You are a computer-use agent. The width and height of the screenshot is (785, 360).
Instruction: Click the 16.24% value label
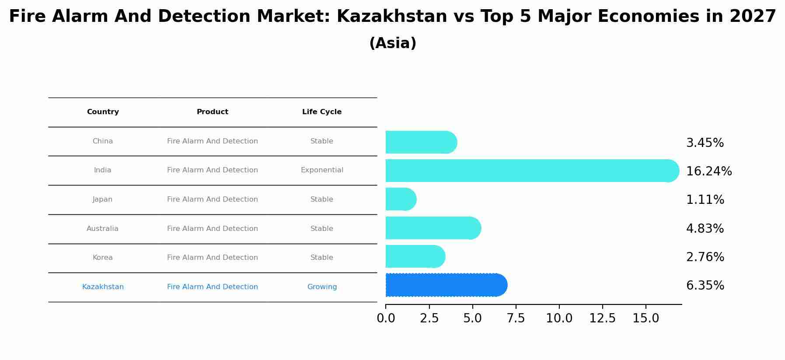pos(708,171)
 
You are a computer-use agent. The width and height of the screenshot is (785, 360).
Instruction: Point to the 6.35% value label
pos(705,286)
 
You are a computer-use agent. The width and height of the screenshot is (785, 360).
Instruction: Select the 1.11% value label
pos(705,200)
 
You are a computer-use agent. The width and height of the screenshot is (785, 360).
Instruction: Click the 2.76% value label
pos(705,257)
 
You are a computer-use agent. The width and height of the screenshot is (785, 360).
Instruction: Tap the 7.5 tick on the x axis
pos(516,318)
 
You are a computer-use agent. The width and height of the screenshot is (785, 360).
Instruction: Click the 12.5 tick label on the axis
pos(602,318)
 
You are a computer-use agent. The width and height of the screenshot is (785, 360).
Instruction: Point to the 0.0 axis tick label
pos(386,318)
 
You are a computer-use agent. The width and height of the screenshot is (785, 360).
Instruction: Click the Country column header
pos(103,112)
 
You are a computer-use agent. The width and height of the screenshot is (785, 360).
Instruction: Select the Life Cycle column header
pos(322,112)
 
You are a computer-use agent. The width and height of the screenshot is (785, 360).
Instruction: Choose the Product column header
pos(213,112)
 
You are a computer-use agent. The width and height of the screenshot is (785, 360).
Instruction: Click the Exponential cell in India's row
pos(322,170)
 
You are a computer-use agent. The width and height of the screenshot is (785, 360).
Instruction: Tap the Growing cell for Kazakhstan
pos(322,287)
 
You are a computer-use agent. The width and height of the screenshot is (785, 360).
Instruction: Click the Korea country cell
pos(103,258)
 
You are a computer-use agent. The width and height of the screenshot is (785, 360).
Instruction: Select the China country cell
pos(103,141)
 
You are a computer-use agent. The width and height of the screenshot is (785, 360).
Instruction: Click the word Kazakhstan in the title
pos(392,17)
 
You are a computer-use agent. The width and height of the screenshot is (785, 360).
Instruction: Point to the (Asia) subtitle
pos(393,43)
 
